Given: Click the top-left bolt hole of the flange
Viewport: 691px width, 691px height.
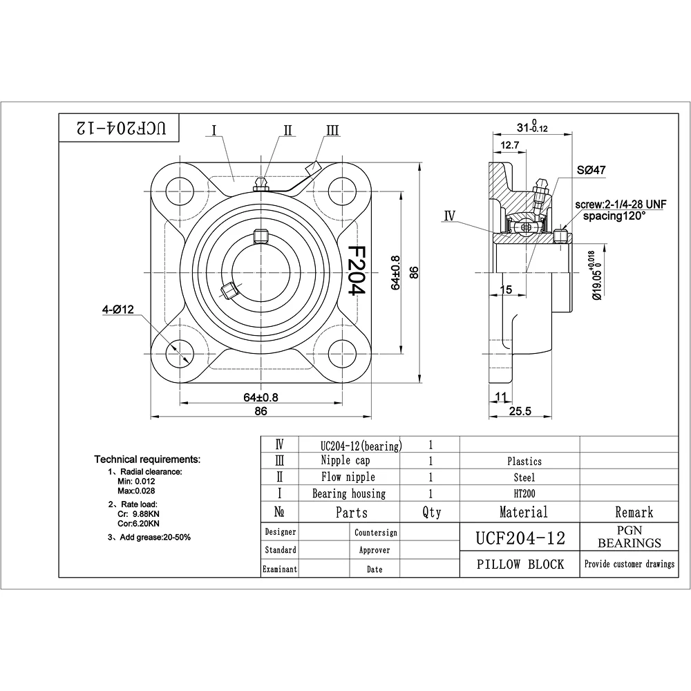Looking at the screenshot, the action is click(180, 191).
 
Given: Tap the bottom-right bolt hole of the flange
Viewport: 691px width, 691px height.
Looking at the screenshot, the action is click(342, 353).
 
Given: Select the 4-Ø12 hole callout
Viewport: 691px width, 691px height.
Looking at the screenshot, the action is click(117, 310).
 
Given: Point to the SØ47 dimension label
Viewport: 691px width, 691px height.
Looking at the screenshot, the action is click(591, 170).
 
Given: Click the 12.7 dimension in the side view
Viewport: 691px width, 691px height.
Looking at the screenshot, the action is click(510, 145).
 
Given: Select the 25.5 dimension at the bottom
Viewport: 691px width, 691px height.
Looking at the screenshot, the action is click(520, 411).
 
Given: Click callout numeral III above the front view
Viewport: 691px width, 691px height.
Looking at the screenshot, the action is click(333, 130).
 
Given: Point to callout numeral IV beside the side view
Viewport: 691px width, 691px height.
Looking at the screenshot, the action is click(450, 216).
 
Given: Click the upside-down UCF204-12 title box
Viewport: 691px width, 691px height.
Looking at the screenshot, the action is click(119, 128).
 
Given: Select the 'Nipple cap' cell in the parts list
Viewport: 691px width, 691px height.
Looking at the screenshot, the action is click(345, 460).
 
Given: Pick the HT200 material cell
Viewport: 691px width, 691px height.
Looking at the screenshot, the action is click(524, 493).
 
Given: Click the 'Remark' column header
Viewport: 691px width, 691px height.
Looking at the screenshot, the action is click(634, 512).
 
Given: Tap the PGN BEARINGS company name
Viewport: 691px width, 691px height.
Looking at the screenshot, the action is click(630, 536).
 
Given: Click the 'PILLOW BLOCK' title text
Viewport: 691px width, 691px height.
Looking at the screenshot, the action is click(520, 565).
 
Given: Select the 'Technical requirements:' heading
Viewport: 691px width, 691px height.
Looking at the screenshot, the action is click(147, 460).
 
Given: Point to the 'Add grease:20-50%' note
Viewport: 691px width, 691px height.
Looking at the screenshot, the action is click(149, 537).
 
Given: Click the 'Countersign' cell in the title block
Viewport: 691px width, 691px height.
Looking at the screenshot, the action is click(375, 532).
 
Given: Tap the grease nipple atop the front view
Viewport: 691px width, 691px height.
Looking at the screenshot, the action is click(261, 184).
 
